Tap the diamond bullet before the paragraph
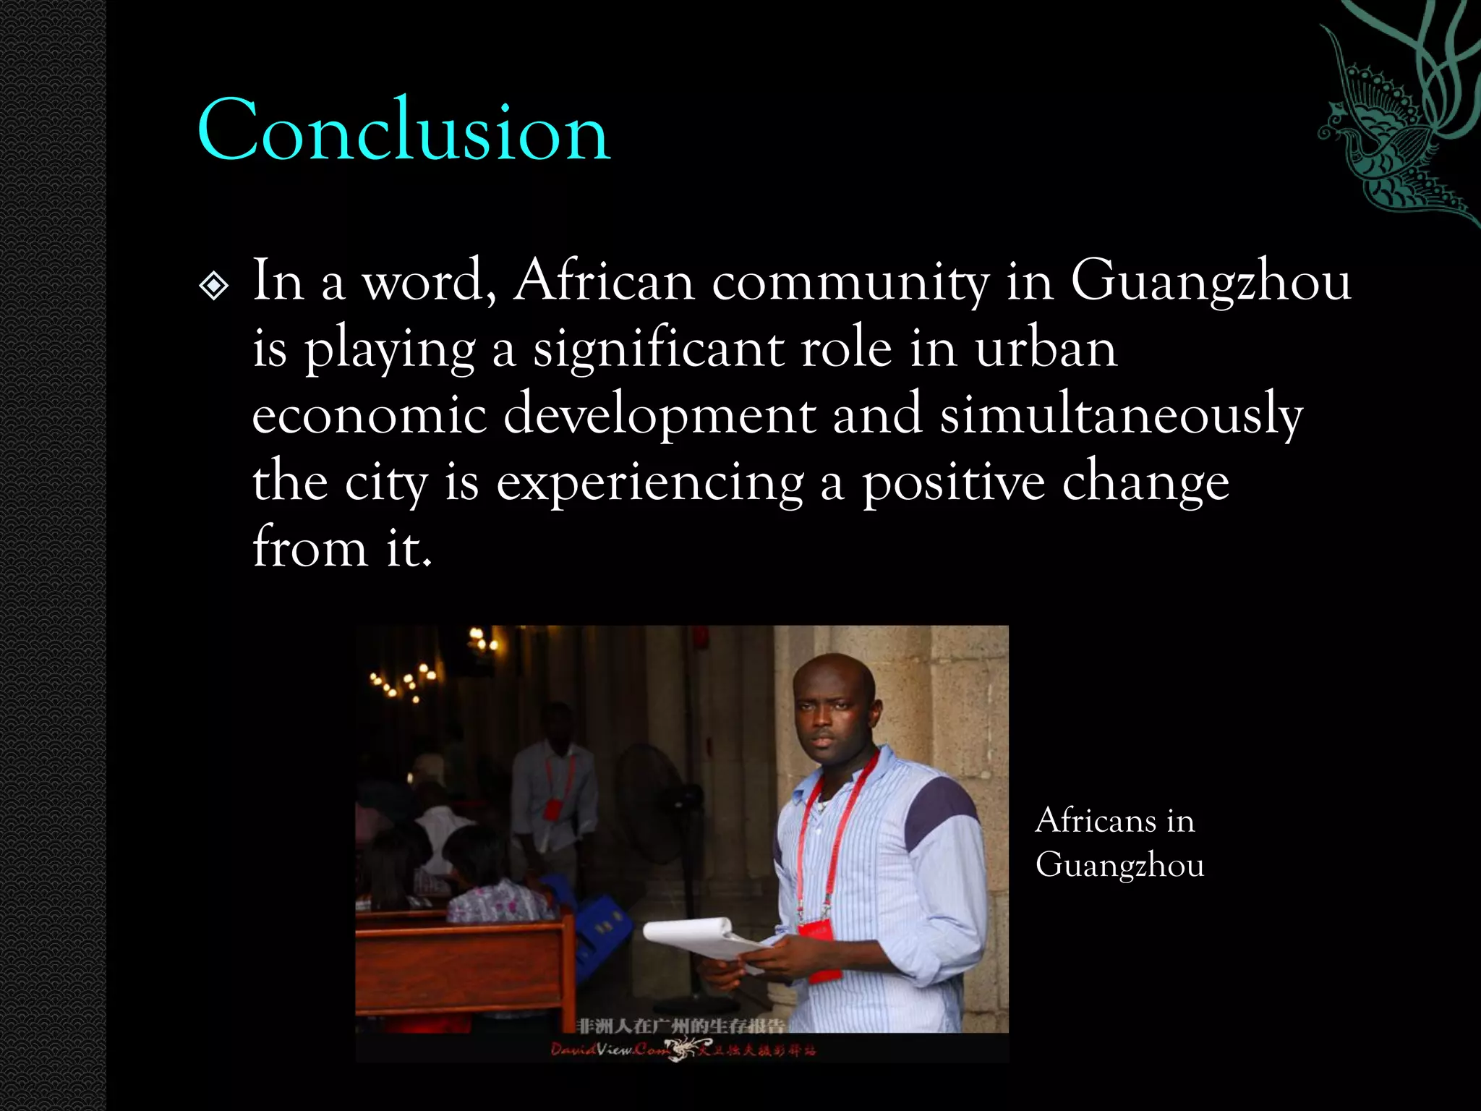tap(213, 287)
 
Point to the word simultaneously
tap(1121, 417)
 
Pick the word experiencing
tap(649, 483)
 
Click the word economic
tap(369, 417)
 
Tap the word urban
tap(1046, 349)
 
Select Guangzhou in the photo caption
tap(1119, 865)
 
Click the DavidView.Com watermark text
tap(611, 1050)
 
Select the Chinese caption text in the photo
tap(681, 1026)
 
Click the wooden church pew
tap(463, 955)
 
